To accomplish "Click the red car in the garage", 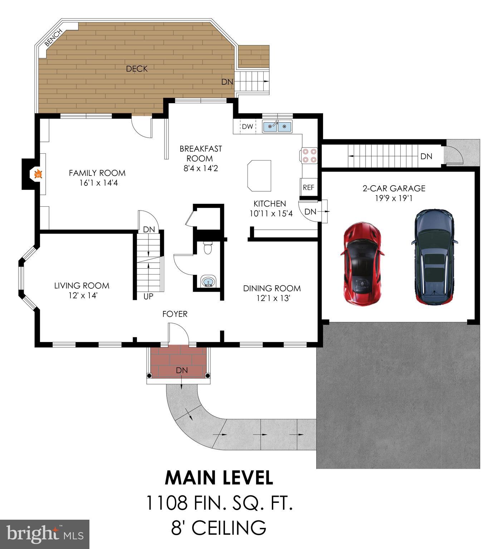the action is point(362,264).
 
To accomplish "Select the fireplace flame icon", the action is point(38,174).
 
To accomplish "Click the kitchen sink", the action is point(277,126).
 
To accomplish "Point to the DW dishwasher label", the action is point(247,127).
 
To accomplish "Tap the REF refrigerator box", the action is point(308,187).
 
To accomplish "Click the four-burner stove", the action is point(309,155).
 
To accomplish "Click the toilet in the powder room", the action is point(207,248).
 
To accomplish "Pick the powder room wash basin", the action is point(208,282).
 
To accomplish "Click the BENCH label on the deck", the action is point(54,38).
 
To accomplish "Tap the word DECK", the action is point(137,69).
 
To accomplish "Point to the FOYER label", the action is point(175,314).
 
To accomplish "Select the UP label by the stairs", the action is point(148,296).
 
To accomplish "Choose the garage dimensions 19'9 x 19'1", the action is point(394,198).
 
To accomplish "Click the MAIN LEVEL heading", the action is point(219,478).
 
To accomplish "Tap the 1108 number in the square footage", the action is point(167,503).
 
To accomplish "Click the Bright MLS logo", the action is point(44,534).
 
